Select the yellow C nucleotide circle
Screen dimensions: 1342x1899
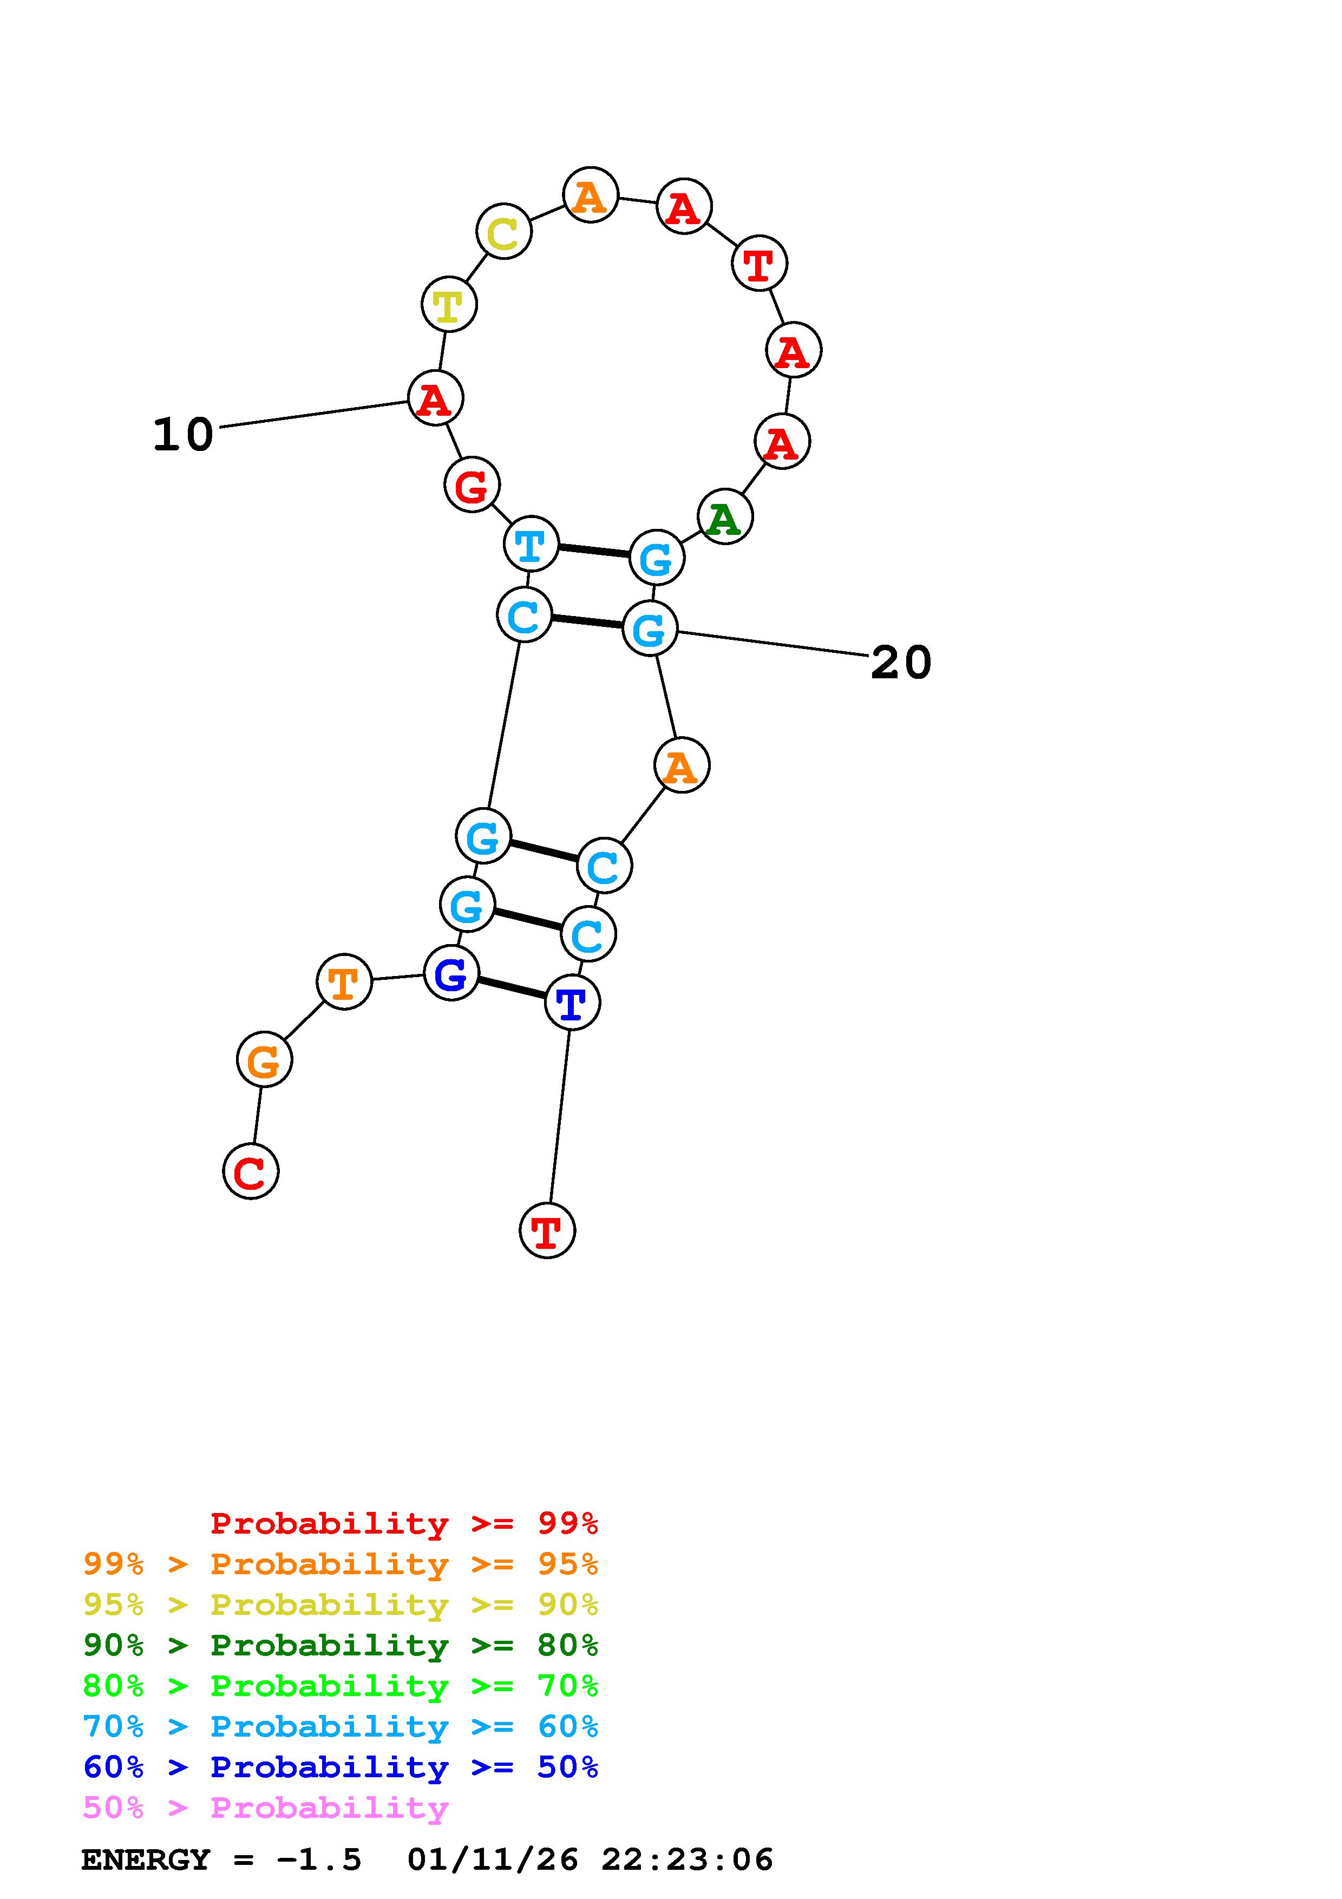tap(503, 232)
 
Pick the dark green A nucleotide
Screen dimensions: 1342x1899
tap(724, 517)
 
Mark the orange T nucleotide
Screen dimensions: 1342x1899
tap(344, 982)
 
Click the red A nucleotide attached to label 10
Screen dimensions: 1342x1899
tap(435, 398)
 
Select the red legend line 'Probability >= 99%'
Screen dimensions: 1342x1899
tap(403, 1523)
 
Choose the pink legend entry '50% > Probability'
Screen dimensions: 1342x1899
tap(265, 1808)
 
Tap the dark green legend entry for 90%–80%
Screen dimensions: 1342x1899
tap(341, 1645)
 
